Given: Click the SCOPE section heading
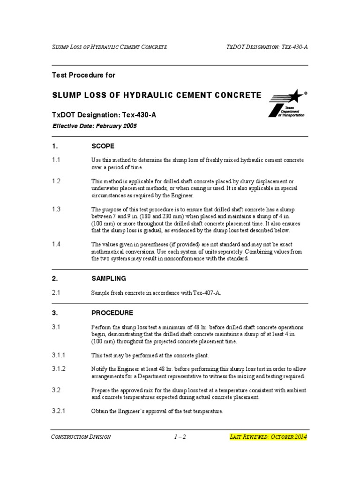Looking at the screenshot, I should click(103, 146).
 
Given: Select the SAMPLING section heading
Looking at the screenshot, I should click(109, 278).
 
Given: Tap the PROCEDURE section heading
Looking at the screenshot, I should click(112, 313).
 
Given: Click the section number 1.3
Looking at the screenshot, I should click(56, 209).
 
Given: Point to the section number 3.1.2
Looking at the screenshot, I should click(59, 369).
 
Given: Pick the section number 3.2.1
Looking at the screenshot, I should click(59, 411).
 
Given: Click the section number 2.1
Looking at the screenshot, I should click(56, 292).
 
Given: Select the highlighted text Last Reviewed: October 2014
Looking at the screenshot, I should click(269, 437).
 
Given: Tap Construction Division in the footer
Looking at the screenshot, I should click(81, 437).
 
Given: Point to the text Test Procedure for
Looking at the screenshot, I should click(83, 75).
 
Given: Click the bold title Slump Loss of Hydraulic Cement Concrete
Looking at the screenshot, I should click(157, 95).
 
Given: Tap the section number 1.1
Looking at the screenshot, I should click(56, 160).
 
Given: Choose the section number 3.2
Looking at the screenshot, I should click(56, 390).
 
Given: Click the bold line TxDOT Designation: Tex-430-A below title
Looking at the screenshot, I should click(104, 115).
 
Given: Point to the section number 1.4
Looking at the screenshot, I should click(56, 244).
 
